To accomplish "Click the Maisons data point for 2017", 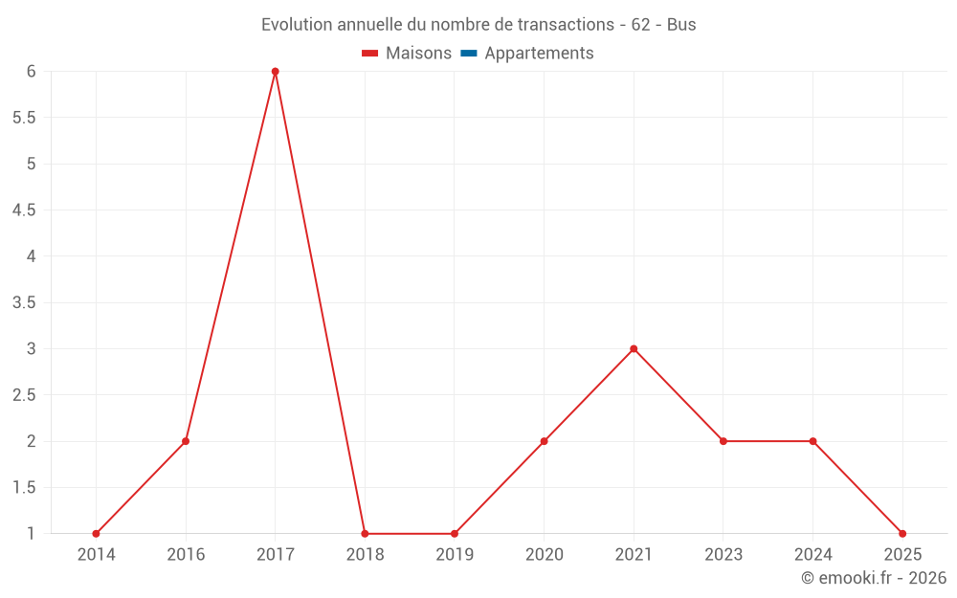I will coord(275,72).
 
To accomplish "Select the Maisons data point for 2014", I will coord(96,534).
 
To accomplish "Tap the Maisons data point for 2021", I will coord(634,349).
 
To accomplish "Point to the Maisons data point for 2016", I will coord(186,441).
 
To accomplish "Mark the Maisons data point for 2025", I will coord(902,534).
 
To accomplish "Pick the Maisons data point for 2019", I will coord(455,534).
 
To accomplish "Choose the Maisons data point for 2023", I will coord(723,441).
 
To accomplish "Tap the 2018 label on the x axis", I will coord(365,554).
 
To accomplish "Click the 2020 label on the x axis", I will coord(544,554).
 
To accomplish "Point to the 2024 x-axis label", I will coord(812,554).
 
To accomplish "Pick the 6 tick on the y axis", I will coord(31,72).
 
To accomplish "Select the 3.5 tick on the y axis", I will coord(24,303).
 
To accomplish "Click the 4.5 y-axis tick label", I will coord(24,210).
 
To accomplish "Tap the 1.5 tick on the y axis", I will coord(24,488).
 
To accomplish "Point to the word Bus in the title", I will coord(681,25).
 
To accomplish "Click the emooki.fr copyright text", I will coord(873,578).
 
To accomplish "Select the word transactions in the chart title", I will coord(564,25).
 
